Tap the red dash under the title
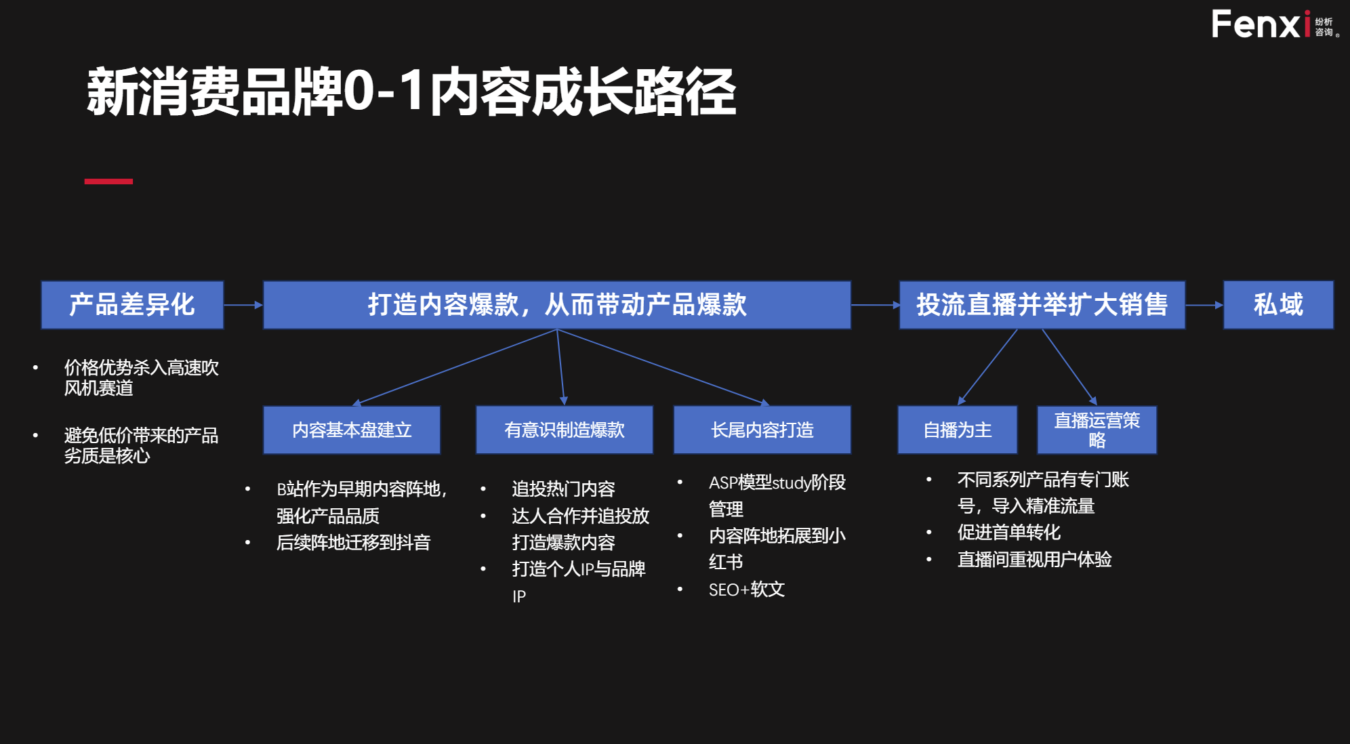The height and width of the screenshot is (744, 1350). (x=108, y=182)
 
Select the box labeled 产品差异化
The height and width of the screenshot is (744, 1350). (x=132, y=305)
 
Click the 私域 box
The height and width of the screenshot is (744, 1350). (x=1278, y=305)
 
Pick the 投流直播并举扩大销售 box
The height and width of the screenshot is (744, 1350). (x=1042, y=305)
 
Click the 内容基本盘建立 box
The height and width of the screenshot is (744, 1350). (x=352, y=430)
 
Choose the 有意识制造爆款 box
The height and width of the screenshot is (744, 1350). (x=564, y=430)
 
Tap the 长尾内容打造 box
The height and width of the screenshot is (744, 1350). (x=762, y=430)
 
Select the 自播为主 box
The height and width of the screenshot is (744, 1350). (x=957, y=430)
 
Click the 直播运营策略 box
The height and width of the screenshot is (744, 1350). (x=1097, y=430)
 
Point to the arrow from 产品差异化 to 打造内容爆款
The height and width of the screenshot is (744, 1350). (x=243, y=305)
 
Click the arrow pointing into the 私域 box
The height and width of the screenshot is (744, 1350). (x=1204, y=305)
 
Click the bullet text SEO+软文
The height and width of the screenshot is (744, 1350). (x=746, y=590)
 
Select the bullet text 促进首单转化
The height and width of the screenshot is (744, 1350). (x=1008, y=533)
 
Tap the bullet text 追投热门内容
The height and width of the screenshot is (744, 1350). (x=563, y=489)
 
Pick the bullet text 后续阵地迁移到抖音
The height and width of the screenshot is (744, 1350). (x=353, y=543)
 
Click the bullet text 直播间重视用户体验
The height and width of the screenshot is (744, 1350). (x=1034, y=560)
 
